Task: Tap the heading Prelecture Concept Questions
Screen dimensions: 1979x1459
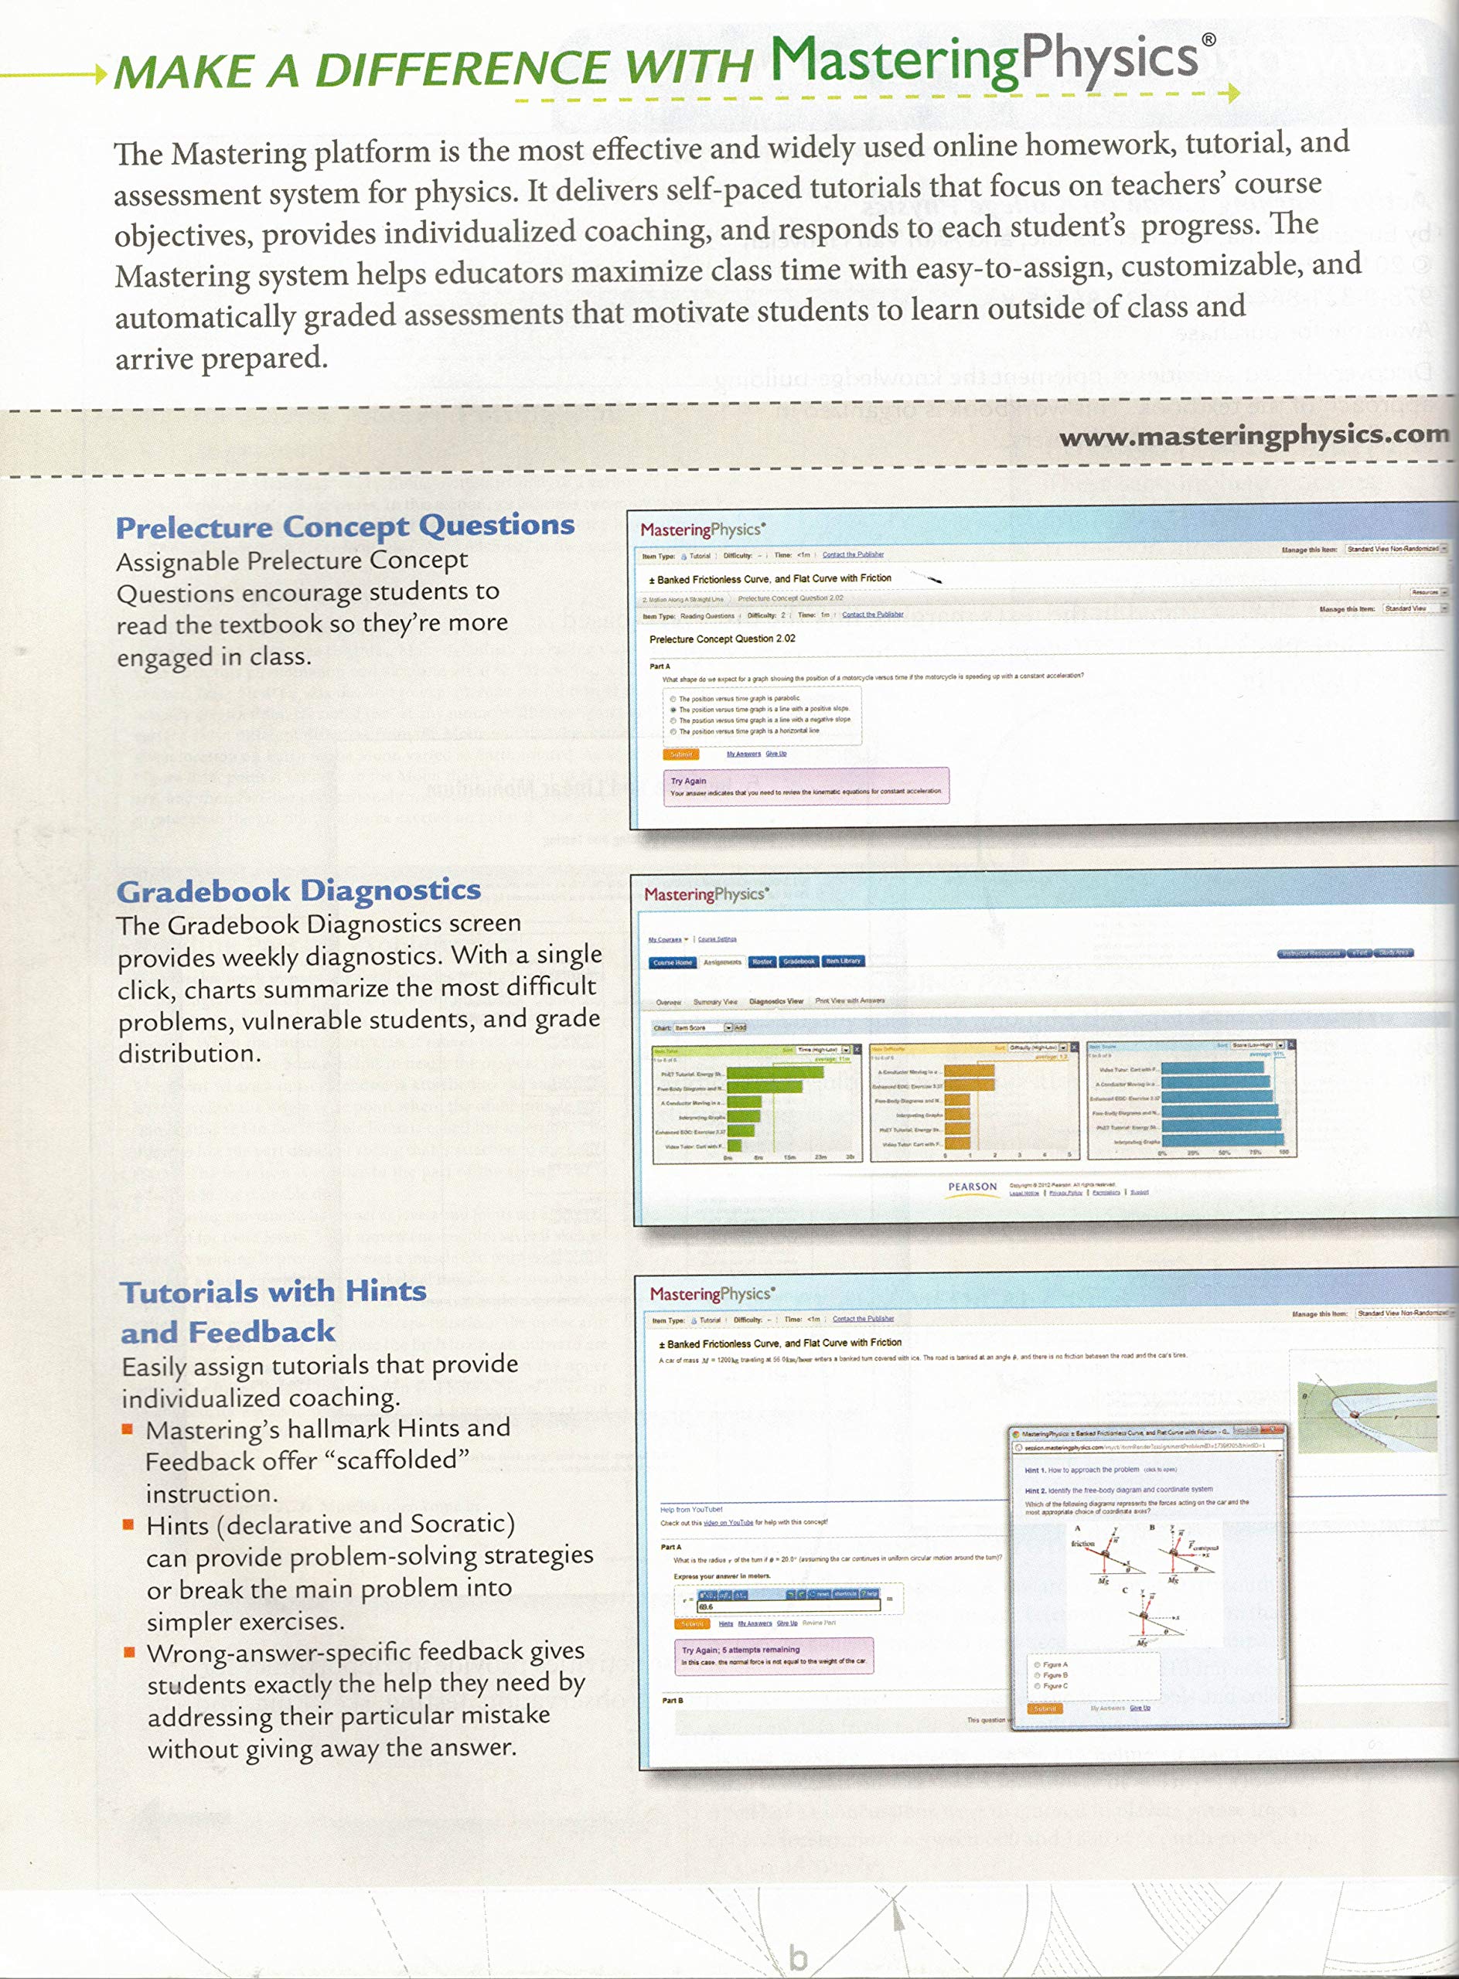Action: [x=344, y=527]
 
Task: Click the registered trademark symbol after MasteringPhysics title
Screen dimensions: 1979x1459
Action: [x=1209, y=39]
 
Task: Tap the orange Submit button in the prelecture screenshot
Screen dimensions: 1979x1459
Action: [x=680, y=754]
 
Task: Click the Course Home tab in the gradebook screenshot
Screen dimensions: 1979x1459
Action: [x=672, y=962]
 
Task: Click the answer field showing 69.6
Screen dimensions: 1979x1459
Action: [x=787, y=1606]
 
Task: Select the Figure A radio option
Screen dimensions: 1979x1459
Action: [x=1038, y=1664]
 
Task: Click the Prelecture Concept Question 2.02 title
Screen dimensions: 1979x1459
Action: [x=721, y=639]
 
